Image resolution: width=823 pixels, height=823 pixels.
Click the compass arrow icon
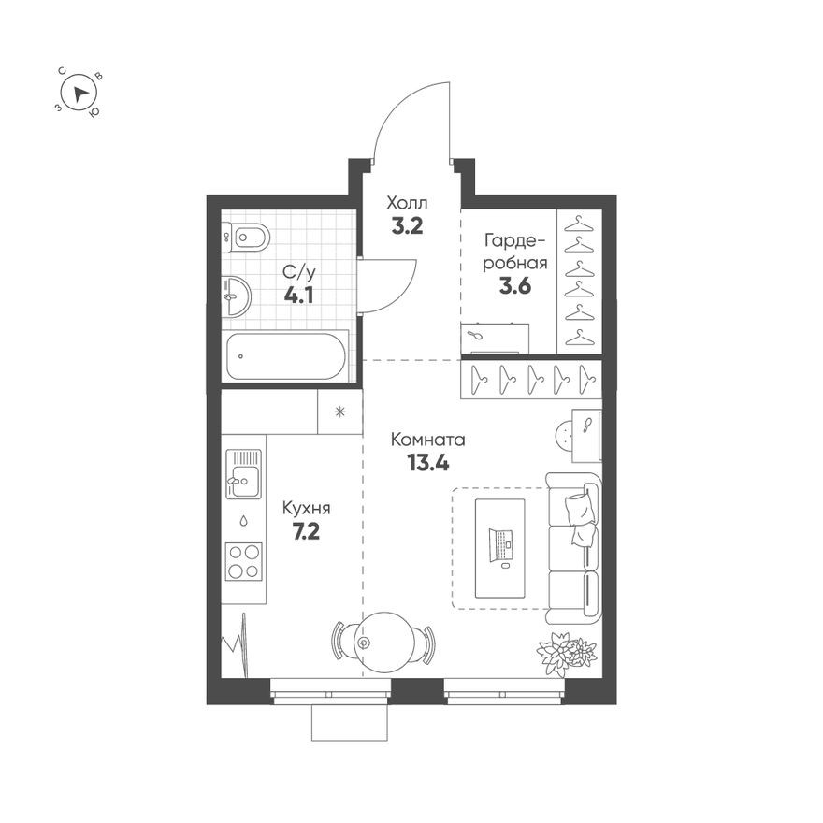80,92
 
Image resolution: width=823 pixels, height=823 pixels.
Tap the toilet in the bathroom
246,237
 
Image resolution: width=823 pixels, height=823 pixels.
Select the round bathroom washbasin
238,297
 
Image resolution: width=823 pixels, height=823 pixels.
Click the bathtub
286,356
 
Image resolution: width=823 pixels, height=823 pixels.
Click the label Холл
407,201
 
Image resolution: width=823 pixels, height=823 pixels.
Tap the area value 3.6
514,286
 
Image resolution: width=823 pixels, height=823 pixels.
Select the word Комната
427,439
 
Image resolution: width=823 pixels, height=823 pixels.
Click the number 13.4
427,462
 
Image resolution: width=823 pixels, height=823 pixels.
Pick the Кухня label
307,509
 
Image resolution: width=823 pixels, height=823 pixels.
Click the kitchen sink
243,474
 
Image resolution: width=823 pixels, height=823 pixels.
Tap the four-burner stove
243,561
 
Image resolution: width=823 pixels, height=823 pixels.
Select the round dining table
383,640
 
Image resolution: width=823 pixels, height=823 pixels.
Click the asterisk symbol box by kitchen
339,411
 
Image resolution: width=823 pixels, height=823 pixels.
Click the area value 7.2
307,532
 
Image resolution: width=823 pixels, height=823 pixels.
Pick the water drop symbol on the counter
243,519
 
